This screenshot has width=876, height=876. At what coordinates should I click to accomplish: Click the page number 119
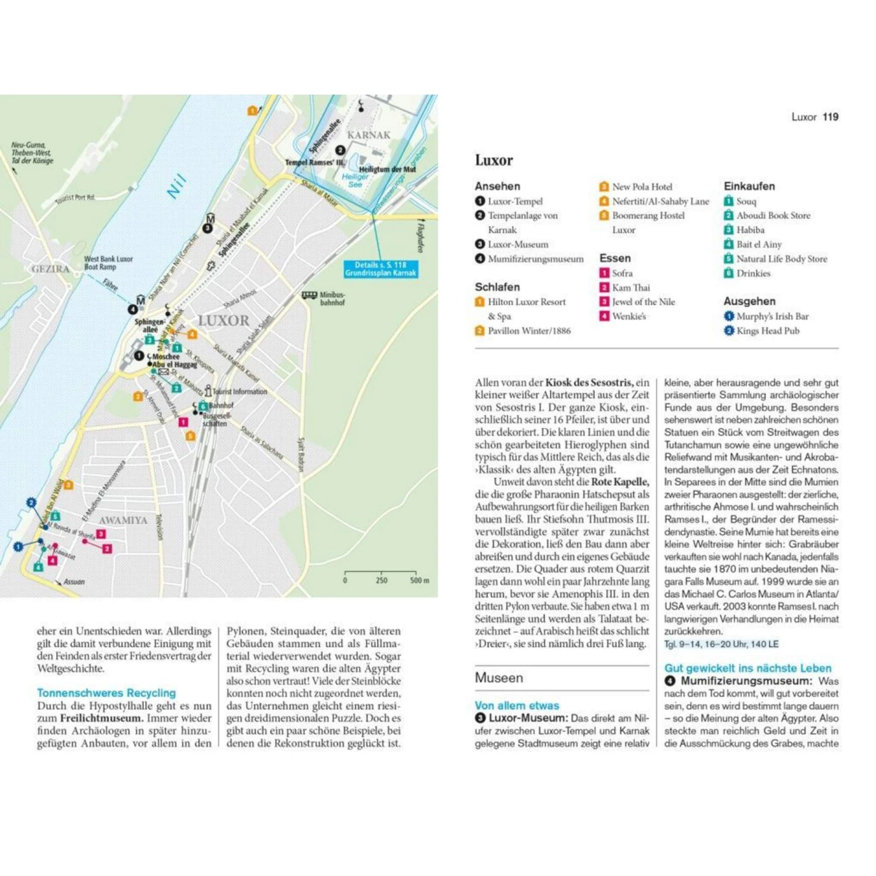pos(830,117)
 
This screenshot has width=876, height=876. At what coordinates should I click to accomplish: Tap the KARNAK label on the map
pos(369,135)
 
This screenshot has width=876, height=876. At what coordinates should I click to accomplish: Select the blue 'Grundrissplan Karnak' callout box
pos(381,269)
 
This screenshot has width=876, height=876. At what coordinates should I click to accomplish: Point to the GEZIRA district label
pos(50,269)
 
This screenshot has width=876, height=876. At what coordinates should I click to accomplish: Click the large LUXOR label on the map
pos(223,321)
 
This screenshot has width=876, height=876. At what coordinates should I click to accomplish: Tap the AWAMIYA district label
pos(123,520)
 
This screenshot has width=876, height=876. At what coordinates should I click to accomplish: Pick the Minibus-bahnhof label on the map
pos(332,298)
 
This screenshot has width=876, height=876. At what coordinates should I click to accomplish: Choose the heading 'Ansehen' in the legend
pos(497,186)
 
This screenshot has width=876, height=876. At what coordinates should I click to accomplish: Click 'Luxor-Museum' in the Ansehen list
pos(518,245)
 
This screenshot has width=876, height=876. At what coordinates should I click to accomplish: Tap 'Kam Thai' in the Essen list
pos(631,287)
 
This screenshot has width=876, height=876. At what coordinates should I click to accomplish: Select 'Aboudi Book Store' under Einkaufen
pos(773,215)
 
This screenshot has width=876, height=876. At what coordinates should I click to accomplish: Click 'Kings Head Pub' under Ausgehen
pos(767,331)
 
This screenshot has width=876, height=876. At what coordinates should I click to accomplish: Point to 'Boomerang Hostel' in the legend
pos(648,215)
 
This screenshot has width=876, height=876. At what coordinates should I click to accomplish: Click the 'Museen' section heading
pos(499,678)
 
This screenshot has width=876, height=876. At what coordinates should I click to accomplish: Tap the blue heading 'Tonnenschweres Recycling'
pos(106,693)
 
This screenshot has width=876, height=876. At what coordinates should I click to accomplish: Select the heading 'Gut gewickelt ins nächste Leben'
pos(748,668)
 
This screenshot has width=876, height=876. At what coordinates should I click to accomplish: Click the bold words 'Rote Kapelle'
pos(620,482)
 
